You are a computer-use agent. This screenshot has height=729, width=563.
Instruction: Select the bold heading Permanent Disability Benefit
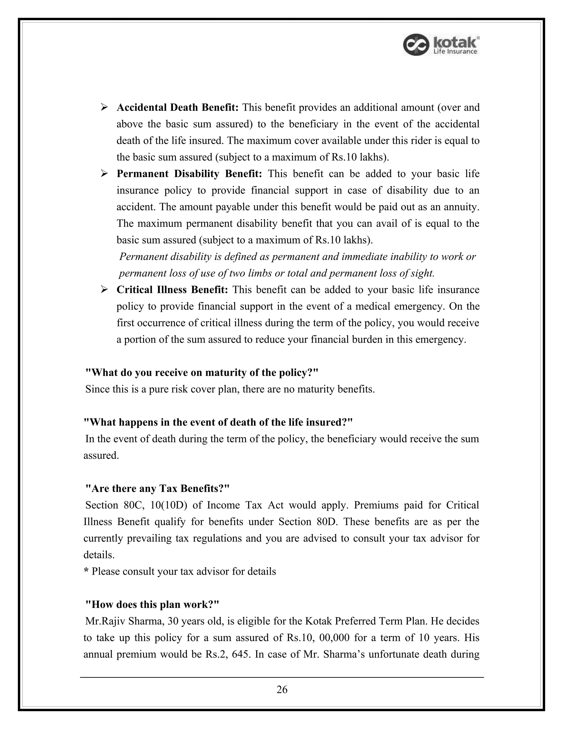(189, 174)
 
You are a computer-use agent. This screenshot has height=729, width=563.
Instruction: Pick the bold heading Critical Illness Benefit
(172, 290)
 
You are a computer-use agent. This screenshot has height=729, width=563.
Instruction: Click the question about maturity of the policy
(202, 372)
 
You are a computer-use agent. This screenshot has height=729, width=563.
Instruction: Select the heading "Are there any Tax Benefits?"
(158, 489)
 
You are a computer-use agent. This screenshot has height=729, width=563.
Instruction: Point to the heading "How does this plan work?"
(152, 604)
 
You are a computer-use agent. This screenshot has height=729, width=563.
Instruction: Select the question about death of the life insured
(218, 422)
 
